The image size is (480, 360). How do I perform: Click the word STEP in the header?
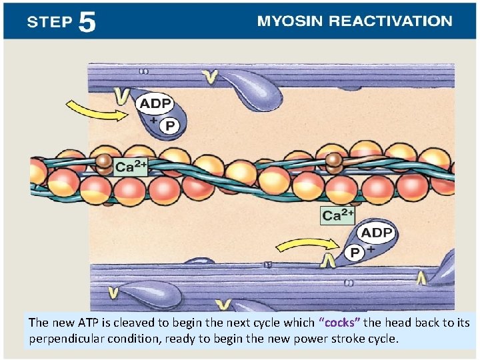click(x=49, y=22)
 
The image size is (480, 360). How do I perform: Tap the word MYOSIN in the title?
click(x=290, y=21)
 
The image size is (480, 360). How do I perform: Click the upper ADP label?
click(x=155, y=104)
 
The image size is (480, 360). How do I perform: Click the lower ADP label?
click(x=377, y=233)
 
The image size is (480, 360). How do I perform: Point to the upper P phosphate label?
click(x=170, y=125)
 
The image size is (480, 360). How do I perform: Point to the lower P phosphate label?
click(x=355, y=253)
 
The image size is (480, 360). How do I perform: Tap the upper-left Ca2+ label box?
click(x=131, y=167)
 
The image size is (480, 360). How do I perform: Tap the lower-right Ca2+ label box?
click(x=338, y=215)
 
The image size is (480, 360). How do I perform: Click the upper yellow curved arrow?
click(x=96, y=111)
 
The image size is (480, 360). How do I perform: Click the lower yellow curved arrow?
click(x=301, y=248)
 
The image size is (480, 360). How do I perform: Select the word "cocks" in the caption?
click(x=340, y=323)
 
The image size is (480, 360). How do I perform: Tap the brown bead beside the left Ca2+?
click(x=103, y=163)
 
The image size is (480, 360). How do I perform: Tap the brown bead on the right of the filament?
click(x=334, y=160)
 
